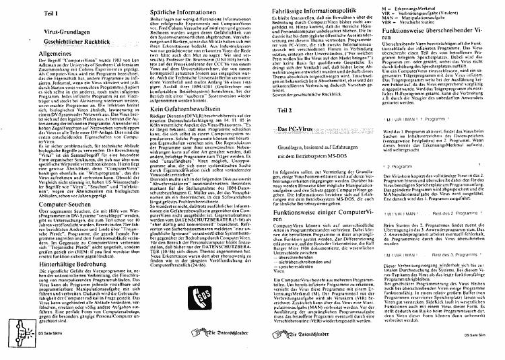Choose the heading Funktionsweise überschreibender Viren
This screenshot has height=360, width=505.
pos(437,36)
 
